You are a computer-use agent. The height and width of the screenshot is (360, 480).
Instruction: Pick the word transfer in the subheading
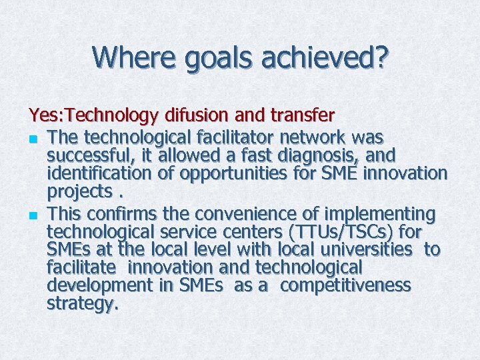tap(301, 116)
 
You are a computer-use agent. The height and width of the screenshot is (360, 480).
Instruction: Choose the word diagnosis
tap(321, 156)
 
